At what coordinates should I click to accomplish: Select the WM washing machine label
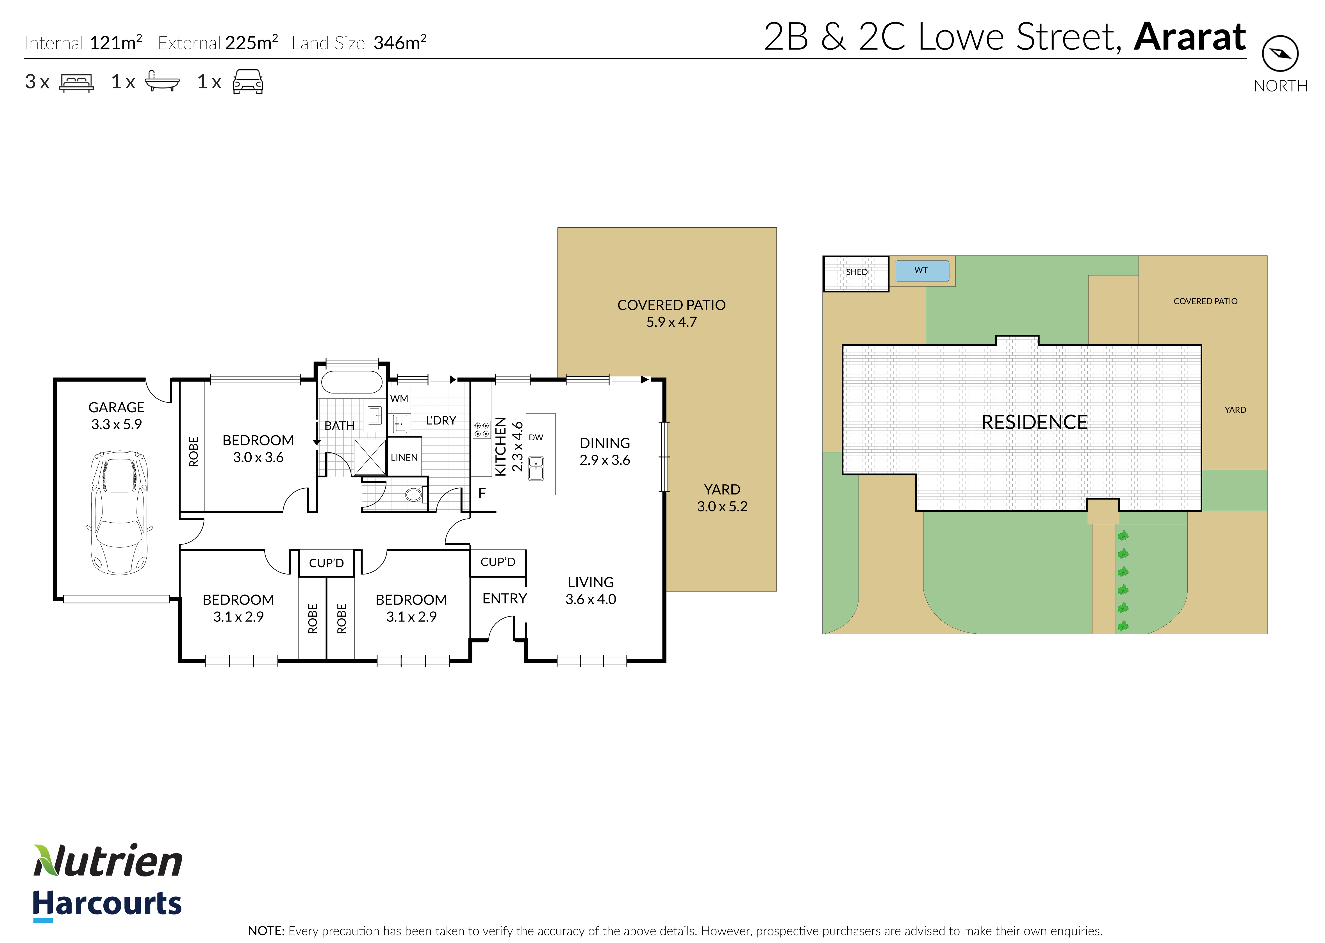(x=399, y=398)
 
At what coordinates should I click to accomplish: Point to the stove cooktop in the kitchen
(x=482, y=430)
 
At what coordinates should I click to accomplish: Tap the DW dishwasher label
(x=536, y=437)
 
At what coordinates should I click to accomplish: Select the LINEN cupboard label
(x=404, y=457)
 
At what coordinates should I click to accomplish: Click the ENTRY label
(x=504, y=599)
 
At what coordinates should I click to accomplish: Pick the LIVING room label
(x=590, y=582)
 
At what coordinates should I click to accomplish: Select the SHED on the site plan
(x=856, y=273)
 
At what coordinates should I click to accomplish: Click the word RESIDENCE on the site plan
(x=1034, y=422)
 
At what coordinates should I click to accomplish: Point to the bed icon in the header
(x=76, y=83)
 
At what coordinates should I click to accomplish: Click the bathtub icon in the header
(x=162, y=81)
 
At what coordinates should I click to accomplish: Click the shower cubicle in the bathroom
(x=370, y=457)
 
